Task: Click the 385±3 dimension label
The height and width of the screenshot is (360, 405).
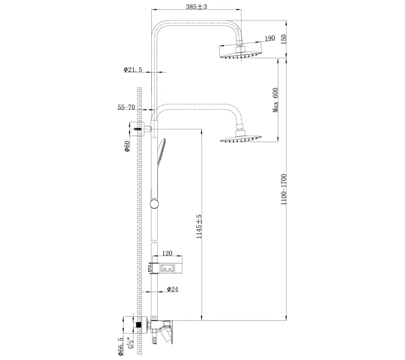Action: click(x=197, y=7)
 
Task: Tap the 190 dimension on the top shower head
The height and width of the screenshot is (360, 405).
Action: click(x=269, y=38)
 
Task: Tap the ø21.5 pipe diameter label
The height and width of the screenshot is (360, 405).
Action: click(x=133, y=70)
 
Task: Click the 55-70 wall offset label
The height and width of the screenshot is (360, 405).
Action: click(x=127, y=109)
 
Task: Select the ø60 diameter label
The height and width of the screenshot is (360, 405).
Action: click(x=127, y=146)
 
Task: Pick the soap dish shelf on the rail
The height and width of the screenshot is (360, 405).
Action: click(x=167, y=266)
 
